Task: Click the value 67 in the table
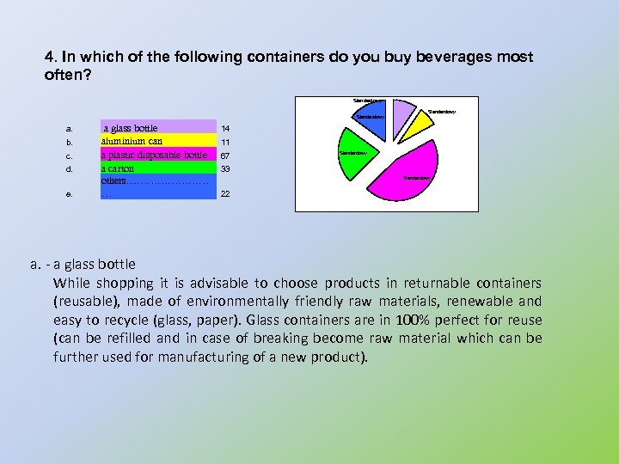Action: [x=225, y=156]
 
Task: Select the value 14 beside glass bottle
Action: [x=225, y=128]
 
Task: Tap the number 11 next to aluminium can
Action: [x=225, y=142]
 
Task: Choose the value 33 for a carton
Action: [x=225, y=169]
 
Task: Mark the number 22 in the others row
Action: [x=225, y=194]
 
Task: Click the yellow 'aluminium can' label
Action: [x=132, y=141]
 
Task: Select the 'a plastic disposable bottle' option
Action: [x=154, y=156]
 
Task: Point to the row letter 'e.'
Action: [x=69, y=194]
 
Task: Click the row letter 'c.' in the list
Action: [x=69, y=156]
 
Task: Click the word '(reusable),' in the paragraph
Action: [x=81, y=302]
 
